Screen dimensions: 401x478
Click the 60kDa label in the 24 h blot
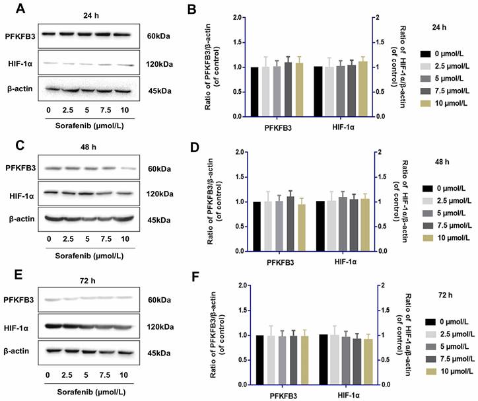(158, 36)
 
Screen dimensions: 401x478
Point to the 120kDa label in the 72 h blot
(160, 326)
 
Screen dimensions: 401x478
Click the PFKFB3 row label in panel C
(20, 168)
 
